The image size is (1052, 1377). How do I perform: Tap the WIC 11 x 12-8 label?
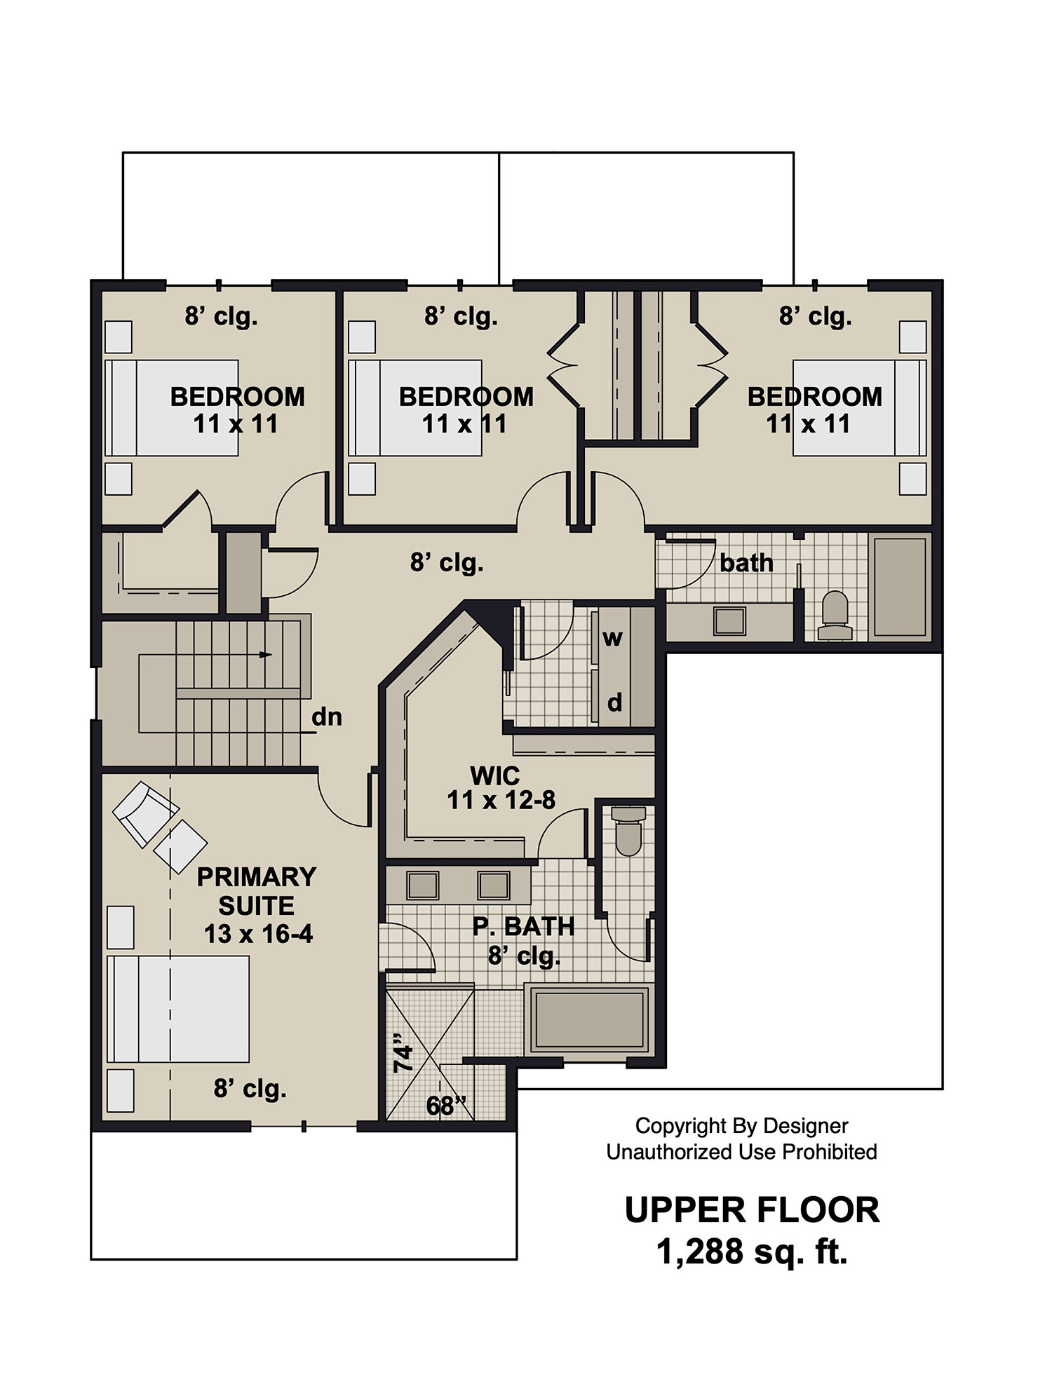(501, 787)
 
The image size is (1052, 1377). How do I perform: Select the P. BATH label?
(523, 926)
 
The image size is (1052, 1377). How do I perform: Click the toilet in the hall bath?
(835, 615)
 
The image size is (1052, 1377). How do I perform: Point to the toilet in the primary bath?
(628, 831)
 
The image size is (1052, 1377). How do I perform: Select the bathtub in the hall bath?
(900, 586)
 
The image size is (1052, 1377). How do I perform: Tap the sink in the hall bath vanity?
(729, 620)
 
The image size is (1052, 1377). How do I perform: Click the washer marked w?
(612, 638)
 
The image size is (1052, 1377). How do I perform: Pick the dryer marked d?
(614, 701)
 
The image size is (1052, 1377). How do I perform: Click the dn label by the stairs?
(326, 717)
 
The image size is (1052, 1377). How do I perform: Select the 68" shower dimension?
(446, 1106)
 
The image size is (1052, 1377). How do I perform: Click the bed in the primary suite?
(178, 1008)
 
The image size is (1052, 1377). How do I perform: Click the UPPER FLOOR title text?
(752, 1210)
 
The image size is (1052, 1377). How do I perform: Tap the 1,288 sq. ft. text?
(752, 1251)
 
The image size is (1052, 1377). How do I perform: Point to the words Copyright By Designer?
(741, 1126)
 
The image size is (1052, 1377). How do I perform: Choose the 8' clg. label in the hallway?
(447, 562)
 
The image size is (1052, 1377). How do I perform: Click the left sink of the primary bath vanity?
(423, 886)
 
